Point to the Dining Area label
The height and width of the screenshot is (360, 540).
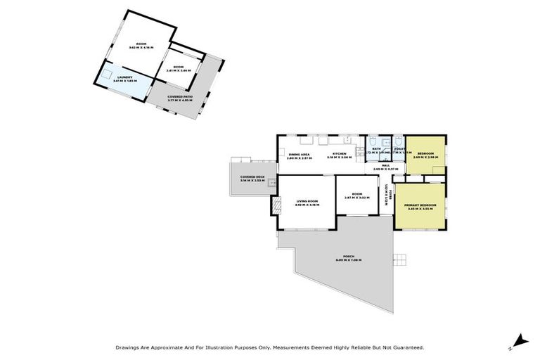coord(299,155)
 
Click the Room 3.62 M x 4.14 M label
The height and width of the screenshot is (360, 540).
coord(141,45)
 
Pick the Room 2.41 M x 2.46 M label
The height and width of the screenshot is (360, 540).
coord(178,69)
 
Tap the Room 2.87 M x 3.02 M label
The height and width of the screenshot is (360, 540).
coord(356,196)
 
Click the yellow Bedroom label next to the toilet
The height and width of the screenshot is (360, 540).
coord(425,155)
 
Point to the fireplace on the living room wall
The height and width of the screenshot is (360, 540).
coord(276,205)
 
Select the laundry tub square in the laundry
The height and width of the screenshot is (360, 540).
coord(108,72)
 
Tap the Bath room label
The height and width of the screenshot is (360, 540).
coord(377,150)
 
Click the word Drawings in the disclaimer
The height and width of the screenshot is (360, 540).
coord(129,347)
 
